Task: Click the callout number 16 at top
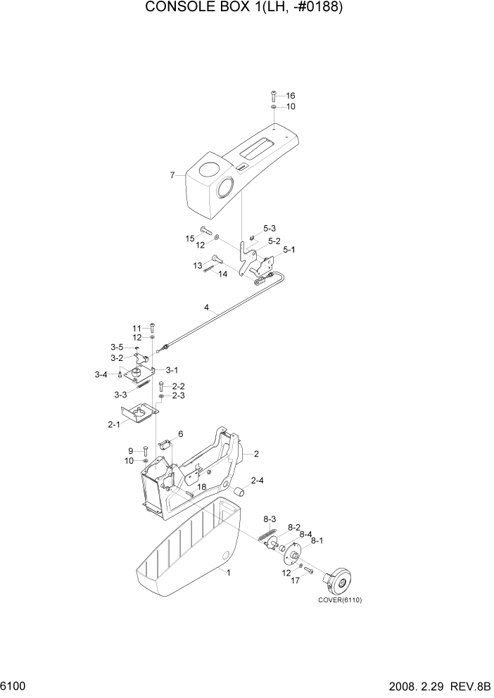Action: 291,96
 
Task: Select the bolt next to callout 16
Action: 274,96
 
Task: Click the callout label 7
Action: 172,175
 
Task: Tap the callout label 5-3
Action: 270,229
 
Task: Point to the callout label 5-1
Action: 289,250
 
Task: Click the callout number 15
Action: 189,239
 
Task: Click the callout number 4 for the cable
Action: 206,307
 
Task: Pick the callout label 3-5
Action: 116,347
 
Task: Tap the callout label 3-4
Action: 101,374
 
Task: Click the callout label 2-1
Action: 113,424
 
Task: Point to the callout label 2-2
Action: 179,386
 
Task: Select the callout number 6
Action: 180,434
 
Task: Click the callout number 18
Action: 201,487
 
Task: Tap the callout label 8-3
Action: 269,519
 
